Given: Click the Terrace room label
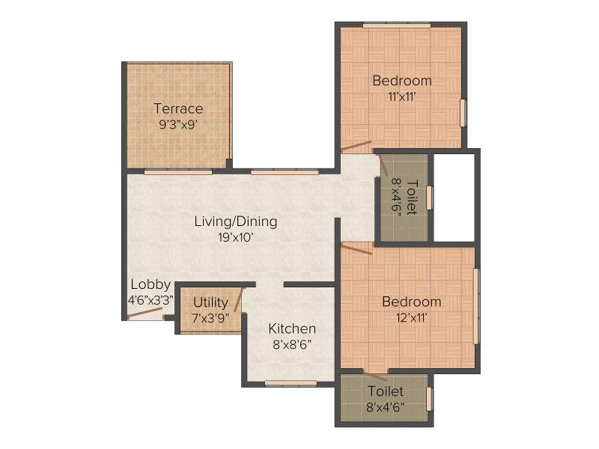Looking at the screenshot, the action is [x=178, y=109].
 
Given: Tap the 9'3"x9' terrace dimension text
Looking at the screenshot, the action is [x=178, y=125].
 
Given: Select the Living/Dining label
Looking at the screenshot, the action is [x=236, y=222].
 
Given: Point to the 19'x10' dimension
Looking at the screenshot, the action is [x=236, y=237].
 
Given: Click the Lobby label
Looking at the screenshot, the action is [x=150, y=284].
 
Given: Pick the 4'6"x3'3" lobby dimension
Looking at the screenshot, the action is [x=150, y=300].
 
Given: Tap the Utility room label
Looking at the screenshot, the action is [x=210, y=302].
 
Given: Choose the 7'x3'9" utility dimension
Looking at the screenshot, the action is [x=210, y=318].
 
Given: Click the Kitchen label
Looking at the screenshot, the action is [x=292, y=329].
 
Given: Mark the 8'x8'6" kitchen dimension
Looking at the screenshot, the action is [x=292, y=345].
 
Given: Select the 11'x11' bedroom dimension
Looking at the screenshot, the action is [x=402, y=97].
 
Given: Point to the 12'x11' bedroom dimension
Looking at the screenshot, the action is [x=411, y=317].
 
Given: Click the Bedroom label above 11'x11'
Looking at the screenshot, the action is [x=402, y=81].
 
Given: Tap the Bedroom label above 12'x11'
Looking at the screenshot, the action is [x=411, y=302].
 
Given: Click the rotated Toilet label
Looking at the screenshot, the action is [x=411, y=197].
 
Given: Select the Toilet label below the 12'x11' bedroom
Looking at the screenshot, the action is [x=386, y=391].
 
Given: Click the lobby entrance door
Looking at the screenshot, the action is [x=145, y=312].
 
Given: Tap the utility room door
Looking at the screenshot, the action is [x=238, y=300].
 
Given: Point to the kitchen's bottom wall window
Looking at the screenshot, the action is [x=291, y=383].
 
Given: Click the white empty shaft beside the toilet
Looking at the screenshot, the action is [x=454, y=198].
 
